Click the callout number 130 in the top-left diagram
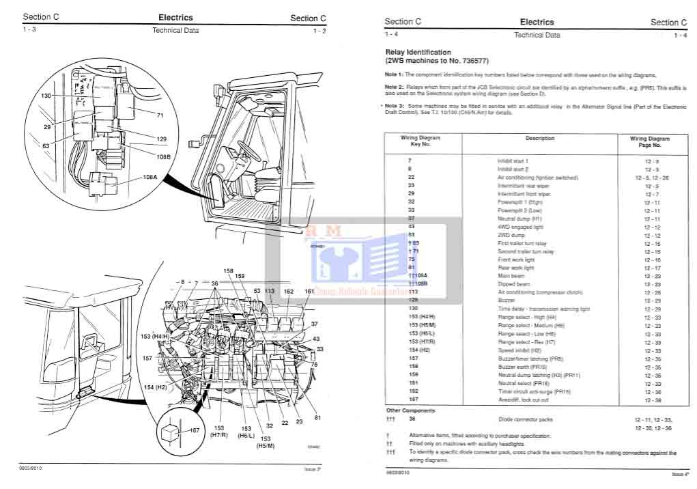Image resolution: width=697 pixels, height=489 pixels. click(46, 96)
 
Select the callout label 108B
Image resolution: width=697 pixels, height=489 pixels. click(162, 156)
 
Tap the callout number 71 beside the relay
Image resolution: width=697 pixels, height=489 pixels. click(160, 115)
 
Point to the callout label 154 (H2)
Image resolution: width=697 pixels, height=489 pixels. click(155, 387)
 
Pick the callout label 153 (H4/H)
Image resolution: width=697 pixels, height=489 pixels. click(155, 336)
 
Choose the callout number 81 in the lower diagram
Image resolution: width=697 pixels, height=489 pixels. click(317, 418)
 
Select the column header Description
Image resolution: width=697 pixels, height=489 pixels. click(539, 139)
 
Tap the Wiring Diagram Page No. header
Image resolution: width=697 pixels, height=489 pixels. click(649, 142)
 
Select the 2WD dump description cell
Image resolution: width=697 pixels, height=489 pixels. click(510, 236)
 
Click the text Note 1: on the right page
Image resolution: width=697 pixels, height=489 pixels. click(395, 74)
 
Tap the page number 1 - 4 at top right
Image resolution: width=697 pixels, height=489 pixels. click(680, 36)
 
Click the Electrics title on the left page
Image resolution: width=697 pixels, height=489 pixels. click(175, 18)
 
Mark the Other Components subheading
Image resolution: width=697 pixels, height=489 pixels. click(410, 410)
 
